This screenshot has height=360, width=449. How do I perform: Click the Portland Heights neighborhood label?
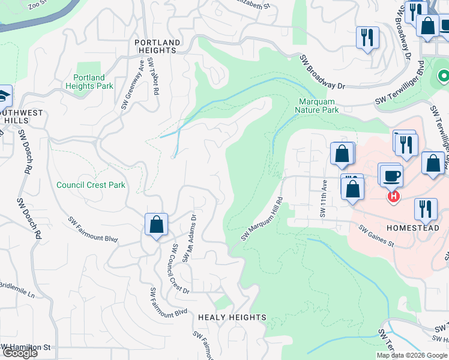[x=157, y=46]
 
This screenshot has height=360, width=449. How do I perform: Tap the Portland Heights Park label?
[x=89, y=82]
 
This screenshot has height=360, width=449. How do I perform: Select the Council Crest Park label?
[x=91, y=185]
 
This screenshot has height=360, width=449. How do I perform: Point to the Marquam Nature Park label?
[x=317, y=106]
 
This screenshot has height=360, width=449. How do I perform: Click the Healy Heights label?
[x=232, y=317]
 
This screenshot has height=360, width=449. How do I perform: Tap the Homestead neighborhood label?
[x=413, y=229]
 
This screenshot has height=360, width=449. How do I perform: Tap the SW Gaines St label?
[x=376, y=236]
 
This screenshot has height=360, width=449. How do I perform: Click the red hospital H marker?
[x=393, y=196]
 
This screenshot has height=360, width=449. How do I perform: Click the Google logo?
[x=19, y=353]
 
